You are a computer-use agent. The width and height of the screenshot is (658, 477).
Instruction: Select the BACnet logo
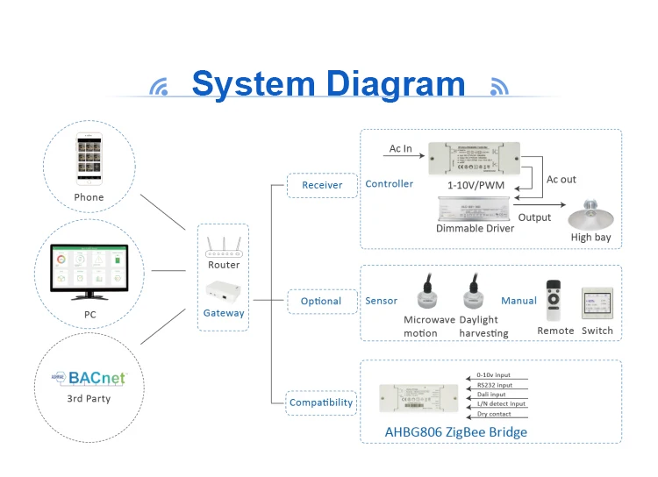coord(89,378)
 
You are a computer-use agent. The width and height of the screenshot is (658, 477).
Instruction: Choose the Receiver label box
coord(322,185)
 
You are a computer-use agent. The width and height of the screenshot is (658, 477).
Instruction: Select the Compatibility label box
coord(321,402)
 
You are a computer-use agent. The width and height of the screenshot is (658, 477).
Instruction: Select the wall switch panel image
coord(597,303)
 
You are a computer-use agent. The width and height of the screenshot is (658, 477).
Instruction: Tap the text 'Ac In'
coord(401,149)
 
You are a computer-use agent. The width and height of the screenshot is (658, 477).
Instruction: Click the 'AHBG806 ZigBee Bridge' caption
coord(456,431)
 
